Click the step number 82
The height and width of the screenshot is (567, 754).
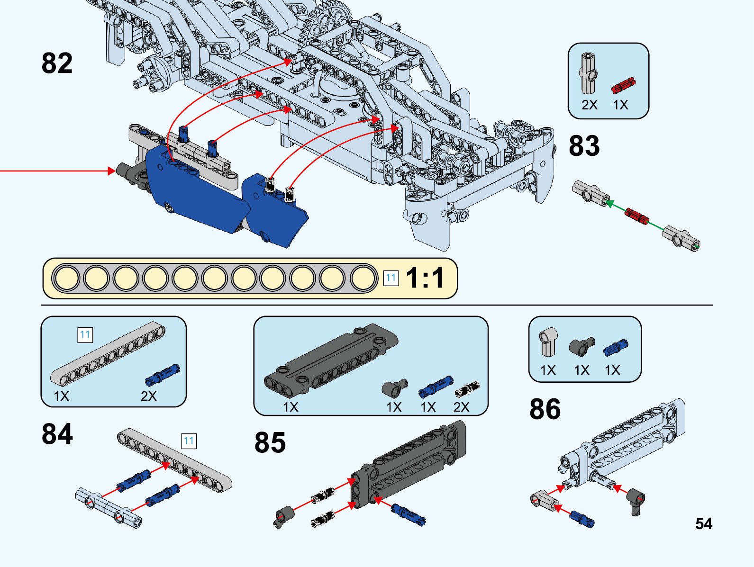pos(57,63)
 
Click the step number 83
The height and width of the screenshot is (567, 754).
pos(584,146)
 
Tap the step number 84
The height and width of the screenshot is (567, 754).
pos(57,434)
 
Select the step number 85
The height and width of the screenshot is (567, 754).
pos(270,443)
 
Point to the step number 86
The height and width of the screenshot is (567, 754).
pos(545,409)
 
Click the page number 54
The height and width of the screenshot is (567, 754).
pos(704,524)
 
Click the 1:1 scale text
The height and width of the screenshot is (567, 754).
pos(425,278)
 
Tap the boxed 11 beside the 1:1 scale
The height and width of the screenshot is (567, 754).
pos(391,278)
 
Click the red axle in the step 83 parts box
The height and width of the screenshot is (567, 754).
pos(623,85)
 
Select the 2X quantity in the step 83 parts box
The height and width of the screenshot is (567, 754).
pos(590,105)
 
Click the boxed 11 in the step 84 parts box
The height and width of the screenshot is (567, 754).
pos(85,335)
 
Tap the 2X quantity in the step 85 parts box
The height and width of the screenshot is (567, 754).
pos(461,407)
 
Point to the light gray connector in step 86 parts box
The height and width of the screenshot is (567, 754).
pos(548,341)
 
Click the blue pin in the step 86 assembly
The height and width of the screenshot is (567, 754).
pos(582,518)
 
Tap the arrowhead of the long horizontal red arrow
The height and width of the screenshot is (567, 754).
pos(112,171)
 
